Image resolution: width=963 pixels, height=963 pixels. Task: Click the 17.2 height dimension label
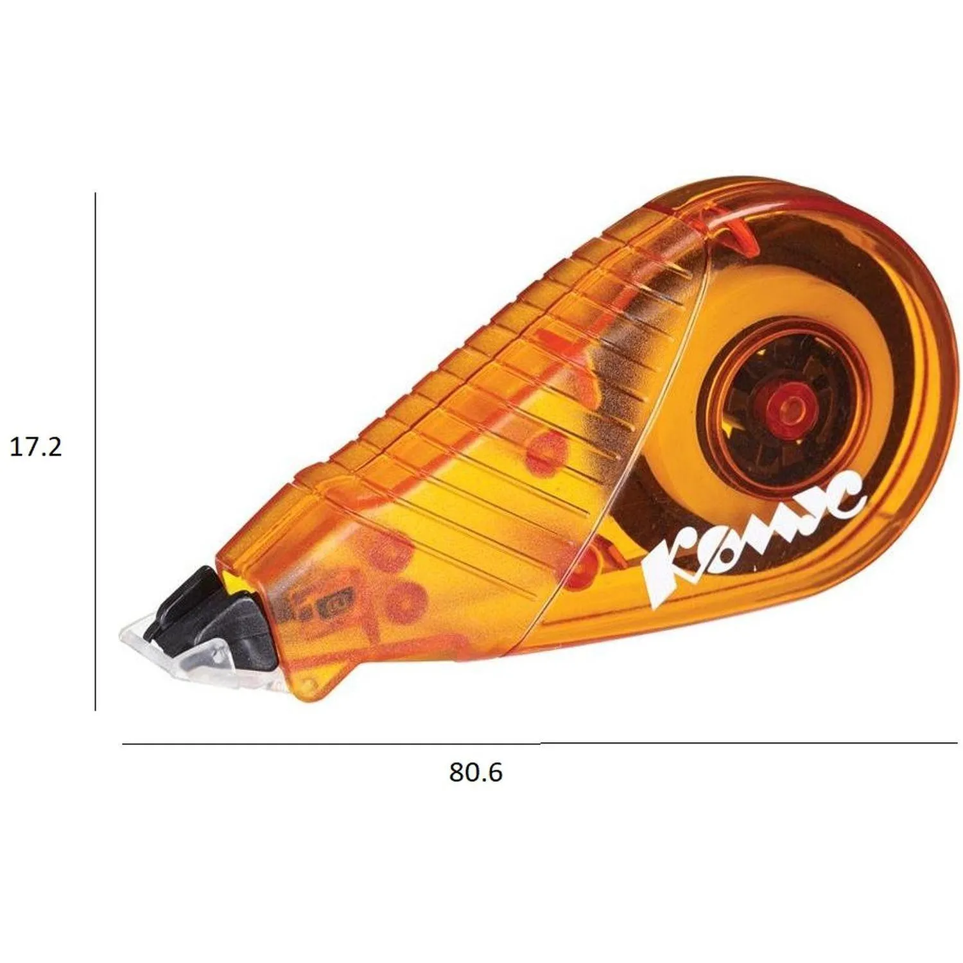pyautogui.click(x=36, y=446)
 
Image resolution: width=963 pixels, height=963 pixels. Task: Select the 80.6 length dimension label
pyautogui.click(x=476, y=772)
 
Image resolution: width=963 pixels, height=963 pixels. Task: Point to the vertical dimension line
pyautogui.click(x=95, y=451)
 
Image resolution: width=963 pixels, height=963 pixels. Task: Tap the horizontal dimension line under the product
pyautogui.click(x=539, y=743)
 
